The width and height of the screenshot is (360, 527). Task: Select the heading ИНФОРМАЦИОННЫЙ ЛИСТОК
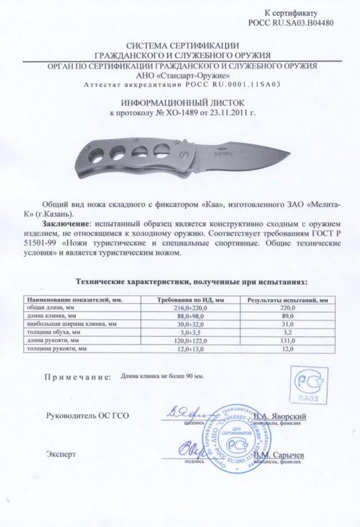pyautogui.click(x=180, y=104)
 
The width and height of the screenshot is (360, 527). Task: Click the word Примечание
pyautogui.click(x=76, y=379)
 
